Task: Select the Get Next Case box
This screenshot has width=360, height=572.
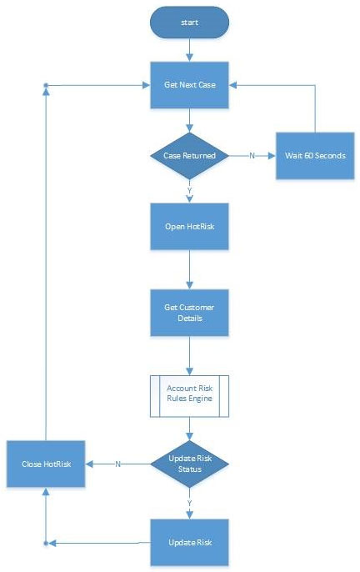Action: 189,85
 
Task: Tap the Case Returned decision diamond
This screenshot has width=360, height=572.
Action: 189,155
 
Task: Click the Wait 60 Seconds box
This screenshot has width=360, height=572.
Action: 314,155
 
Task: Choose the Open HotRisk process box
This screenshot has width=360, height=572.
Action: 189,226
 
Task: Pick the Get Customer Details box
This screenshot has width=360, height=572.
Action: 189,314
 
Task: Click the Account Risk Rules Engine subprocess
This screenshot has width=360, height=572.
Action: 189,394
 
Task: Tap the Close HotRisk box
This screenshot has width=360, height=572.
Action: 46,464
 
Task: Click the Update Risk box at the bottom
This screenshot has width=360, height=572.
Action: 189,542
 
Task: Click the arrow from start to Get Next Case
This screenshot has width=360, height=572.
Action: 189,50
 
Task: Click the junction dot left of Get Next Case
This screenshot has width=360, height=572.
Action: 46,85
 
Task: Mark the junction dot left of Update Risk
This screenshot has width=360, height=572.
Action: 46,543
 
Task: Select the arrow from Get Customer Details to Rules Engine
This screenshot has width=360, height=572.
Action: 189,356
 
